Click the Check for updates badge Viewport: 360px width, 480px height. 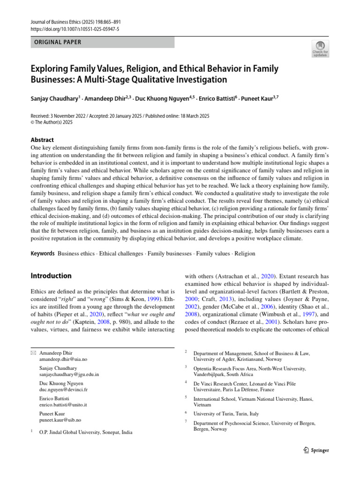320,49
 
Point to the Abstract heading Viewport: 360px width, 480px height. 42,140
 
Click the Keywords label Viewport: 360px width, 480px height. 42,254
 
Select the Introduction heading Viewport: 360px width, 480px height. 51,276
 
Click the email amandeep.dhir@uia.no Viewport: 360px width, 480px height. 63,359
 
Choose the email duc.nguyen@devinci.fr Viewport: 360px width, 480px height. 64,390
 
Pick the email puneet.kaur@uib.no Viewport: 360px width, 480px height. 60,420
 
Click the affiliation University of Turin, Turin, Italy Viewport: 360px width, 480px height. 226,414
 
